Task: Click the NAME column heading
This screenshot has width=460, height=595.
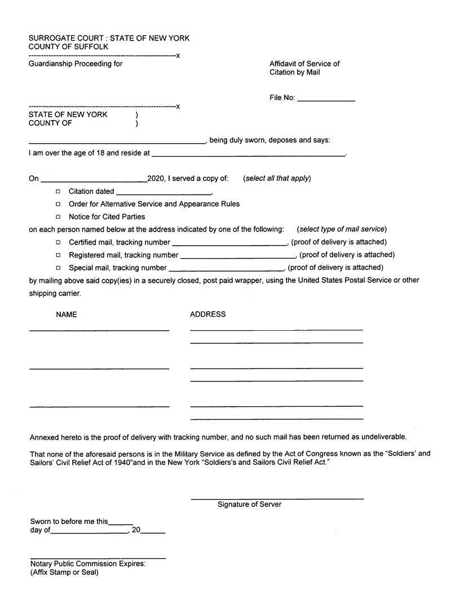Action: (x=67, y=314)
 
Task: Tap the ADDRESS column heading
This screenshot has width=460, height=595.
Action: (x=207, y=314)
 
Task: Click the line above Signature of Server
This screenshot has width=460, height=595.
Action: (x=277, y=498)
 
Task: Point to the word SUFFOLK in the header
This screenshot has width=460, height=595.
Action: (x=91, y=47)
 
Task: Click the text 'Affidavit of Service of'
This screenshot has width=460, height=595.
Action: (x=304, y=64)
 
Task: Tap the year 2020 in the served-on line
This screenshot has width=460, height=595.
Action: (x=155, y=179)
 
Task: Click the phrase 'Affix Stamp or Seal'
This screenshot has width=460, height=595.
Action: (x=64, y=572)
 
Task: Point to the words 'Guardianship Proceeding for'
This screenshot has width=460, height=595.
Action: (x=76, y=64)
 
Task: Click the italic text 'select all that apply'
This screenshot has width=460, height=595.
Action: (x=277, y=179)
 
